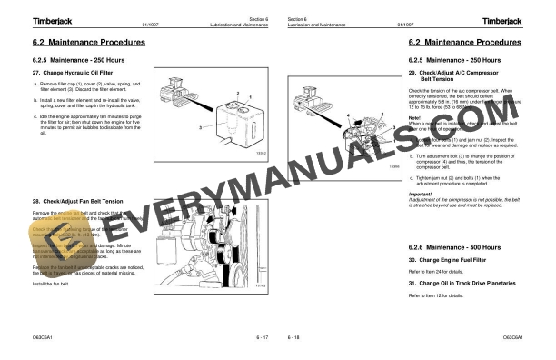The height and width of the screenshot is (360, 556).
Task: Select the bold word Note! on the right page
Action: (x=415, y=117)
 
